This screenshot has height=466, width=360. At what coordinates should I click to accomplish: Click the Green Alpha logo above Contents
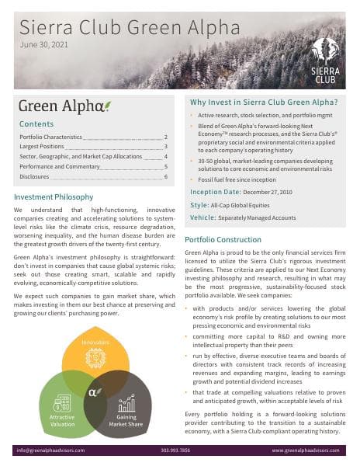point(64,106)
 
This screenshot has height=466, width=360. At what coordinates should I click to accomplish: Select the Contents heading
point(36,123)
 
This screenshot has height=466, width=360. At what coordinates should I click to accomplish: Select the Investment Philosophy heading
point(54,197)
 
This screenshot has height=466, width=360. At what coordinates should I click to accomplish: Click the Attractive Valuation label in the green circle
point(62,420)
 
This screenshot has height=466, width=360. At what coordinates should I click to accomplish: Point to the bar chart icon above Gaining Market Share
point(126,402)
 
